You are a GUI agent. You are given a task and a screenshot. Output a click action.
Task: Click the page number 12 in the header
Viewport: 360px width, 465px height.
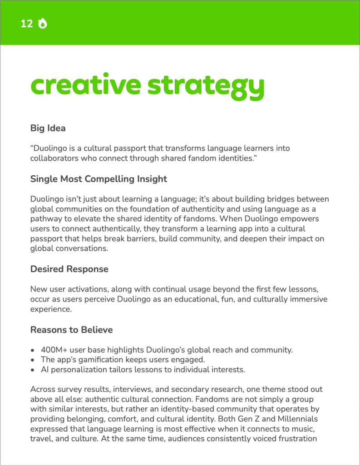coord(27,24)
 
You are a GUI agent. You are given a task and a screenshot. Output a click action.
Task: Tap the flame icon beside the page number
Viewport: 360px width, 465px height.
coord(43,24)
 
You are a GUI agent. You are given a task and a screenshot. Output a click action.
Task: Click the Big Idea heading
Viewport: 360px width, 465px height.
coord(48,128)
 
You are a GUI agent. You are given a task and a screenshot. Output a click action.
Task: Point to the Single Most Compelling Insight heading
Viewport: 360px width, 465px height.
coord(99,178)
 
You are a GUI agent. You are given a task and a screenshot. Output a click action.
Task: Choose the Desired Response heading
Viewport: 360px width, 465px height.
coord(69,269)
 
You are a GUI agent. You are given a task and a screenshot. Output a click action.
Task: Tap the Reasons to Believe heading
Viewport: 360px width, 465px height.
coord(71,329)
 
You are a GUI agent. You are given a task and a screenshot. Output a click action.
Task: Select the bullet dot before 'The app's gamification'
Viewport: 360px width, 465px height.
coord(32,360)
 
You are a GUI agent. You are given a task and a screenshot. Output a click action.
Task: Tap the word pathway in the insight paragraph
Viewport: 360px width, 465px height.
coord(44,218)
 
